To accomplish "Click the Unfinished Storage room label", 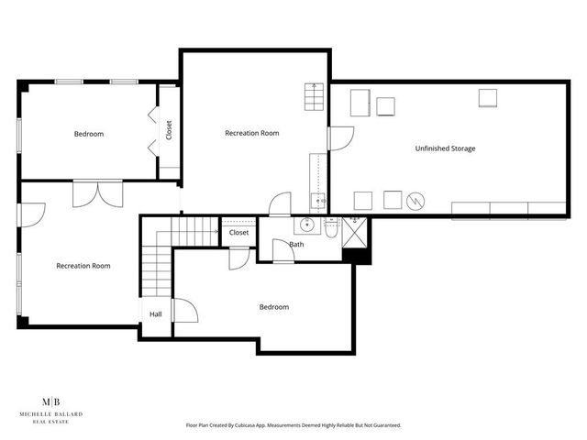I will click(445, 148).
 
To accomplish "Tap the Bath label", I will click(296, 245).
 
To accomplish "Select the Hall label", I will click(156, 313).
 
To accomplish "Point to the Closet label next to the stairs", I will click(238, 233).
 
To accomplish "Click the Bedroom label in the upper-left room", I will click(89, 134).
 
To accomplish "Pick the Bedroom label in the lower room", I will click(273, 307).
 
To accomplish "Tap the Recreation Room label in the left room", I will click(83, 266).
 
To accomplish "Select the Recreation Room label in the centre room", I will click(251, 133).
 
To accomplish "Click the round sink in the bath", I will click(307, 225).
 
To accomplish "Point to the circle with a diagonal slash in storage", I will click(416, 200).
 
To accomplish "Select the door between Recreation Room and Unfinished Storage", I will click(339, 137).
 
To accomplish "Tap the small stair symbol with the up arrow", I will click(315, 94).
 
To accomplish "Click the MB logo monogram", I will click(52, 401).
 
